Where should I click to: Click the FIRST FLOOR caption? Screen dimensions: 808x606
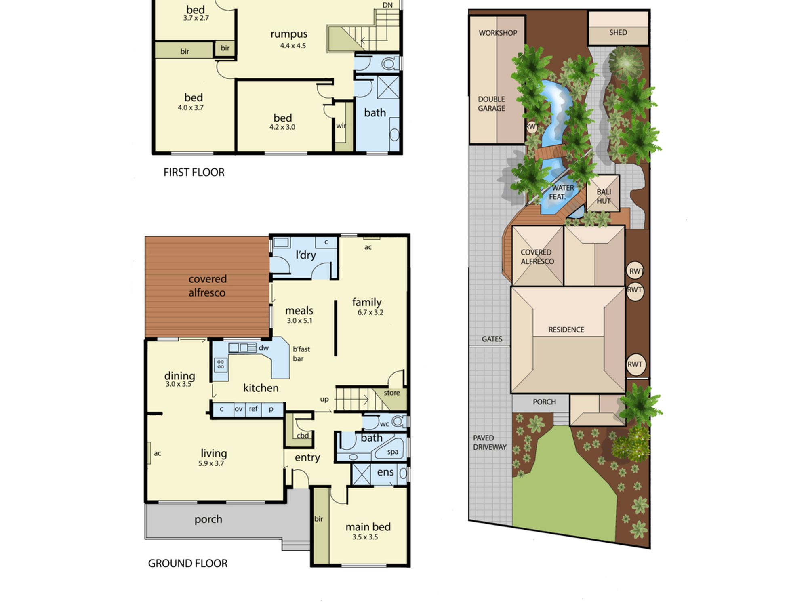(x=194, y=173)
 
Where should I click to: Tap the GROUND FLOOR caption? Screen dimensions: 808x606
(x=188, y=563)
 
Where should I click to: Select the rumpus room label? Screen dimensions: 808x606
(x=289, y=34)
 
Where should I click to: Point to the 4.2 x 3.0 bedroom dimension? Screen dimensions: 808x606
(x=282, y=127)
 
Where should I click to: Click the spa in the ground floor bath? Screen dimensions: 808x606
(x=390, y=448)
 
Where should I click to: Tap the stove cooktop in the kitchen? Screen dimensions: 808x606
(x=221, y=365)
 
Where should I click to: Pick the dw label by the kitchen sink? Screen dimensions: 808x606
(x=264, y=348)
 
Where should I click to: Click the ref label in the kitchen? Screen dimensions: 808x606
(x=253, y=409)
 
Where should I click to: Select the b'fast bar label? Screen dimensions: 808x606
(x=301, y=354)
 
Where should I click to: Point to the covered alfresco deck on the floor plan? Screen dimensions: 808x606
(x=207, y=286)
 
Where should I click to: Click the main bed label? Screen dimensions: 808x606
(x=368, y=527)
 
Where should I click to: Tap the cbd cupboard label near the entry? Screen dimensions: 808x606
(x=303, y=436)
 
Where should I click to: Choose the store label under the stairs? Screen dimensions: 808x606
(x=392, y=393)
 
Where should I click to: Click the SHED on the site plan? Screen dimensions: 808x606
(x=619, y=28)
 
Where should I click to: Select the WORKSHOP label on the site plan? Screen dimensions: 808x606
(x=498, y=33)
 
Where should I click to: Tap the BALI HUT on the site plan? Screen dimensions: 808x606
(x=603, y=194)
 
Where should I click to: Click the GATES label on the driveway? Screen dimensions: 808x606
(x=492, y=339)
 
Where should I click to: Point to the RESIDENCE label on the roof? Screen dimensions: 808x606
(x=566, y=330)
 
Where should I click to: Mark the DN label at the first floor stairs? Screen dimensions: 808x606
(x=387, y=5)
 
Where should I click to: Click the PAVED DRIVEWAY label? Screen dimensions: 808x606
(x=490, y=442)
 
